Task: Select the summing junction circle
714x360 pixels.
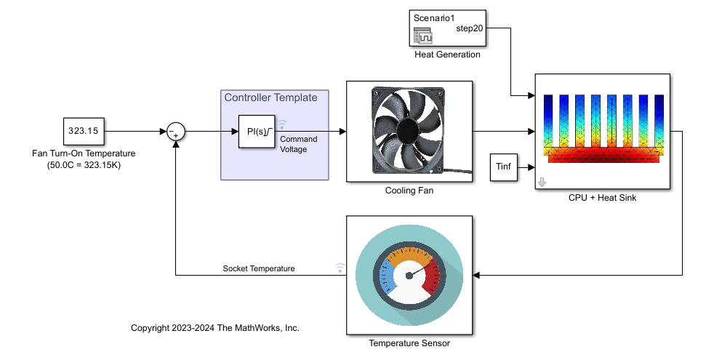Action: [176, 132]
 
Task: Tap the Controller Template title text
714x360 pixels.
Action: [270, 97]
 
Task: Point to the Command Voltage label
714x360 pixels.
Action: [298, 144]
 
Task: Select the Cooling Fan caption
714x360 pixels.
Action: [409, 191]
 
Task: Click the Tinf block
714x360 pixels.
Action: [503, 167]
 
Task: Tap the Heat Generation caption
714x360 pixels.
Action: [446, 54]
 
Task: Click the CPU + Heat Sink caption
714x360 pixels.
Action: [602, 198]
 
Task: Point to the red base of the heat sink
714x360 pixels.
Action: [603, 154]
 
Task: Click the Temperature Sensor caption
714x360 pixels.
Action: [409, 343]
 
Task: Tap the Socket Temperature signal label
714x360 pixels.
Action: [258, 268]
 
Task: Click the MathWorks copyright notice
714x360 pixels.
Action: [215, 328]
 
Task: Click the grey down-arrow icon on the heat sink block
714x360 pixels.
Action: [542, 183]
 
